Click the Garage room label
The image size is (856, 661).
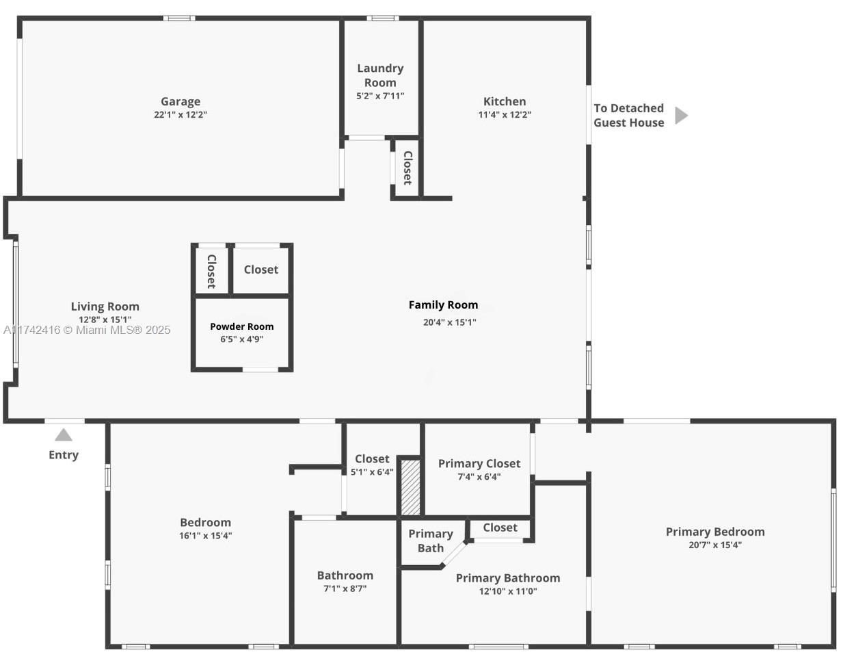pyautogui.click(x=180, y=102)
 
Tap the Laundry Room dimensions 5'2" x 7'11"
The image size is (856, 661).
pyautogui.click(x=380, y=96)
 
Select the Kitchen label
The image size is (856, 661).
pyautogui.click(x=505, y=102)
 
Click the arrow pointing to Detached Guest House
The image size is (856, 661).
pyautogui.click(x=682, y=116)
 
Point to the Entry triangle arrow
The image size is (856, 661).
pyautogui.click(x=64, y=435)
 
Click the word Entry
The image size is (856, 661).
pyautogui.click(x=64, y=455)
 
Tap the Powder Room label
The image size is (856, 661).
pyautogui.click(x=242, y=326)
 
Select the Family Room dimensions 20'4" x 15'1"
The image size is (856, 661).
pyautogui.click(x=449, y=322)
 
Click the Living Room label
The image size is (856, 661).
pyautogui.click(x=105, y=307)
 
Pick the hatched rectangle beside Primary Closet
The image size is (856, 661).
pyautogui.click(x=410, y=487)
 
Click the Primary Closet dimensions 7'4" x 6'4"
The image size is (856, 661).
pyautogui.click(x=479, y=477)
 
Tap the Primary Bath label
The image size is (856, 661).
pyautogui.click(x=431, y=541)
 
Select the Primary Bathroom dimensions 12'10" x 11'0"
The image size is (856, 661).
pyautogui.click(x=508, y=591)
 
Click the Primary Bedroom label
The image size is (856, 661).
pyautogui.click(x=715, y=532)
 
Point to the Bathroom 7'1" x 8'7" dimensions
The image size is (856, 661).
pyautogui.click(x=345, y=588)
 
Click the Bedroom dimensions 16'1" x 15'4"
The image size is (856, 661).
pyautogui.click(x=206, y=536)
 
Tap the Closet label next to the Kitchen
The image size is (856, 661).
pyautogui.click(x=408, y=168)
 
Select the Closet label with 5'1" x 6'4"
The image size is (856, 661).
pyautogui.click(x=372, y=458)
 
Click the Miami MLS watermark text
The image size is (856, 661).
pyautogui.click(x=87, y=330)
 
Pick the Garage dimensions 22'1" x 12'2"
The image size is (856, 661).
pyautogui.click(x=180, y=115)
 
